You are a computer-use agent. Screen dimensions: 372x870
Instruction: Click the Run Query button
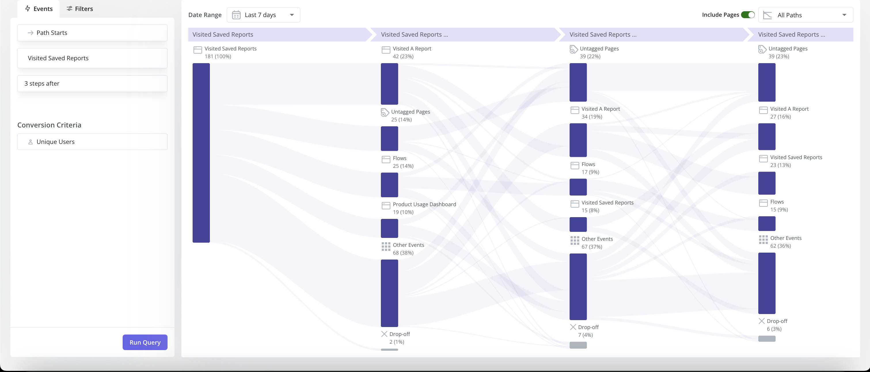tap(145, 342)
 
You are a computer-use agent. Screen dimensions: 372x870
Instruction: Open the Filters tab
tap(80, 9)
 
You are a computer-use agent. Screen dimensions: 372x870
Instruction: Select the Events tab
tap(39, 9)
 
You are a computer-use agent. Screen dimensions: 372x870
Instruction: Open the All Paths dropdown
tap(805, 15)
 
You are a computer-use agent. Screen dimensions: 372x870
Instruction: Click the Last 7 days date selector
tap(263, 15)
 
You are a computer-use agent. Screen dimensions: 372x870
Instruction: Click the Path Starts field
tap(92, 33)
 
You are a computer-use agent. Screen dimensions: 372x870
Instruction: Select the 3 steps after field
tap(92, 84)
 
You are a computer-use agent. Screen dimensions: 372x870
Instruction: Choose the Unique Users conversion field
tap(92, 142)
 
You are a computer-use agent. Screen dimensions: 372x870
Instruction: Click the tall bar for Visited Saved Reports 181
tap(201, 153)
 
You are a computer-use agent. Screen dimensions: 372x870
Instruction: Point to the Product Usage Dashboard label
tap(424, 204)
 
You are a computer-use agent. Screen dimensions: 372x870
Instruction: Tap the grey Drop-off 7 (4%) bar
tap(578, 345)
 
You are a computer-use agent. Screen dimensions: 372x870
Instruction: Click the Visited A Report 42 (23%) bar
tap(390, 84)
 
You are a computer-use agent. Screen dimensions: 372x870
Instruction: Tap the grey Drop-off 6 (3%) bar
tap(767, 339)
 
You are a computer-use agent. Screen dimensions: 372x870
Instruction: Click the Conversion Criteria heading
tap(49, 125)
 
